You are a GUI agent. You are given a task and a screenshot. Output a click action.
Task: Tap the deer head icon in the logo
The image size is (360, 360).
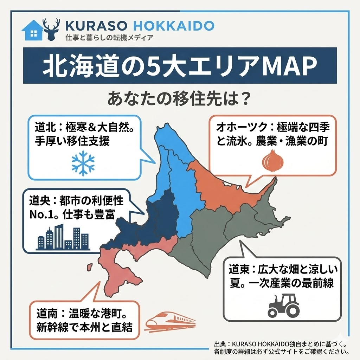coord(51,28)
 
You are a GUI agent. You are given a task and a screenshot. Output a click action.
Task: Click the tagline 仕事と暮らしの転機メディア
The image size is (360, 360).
coord(109,38)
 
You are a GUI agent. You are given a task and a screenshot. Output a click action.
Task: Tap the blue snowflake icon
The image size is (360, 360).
coord(83,163)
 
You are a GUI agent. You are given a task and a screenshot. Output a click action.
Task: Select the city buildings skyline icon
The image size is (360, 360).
coord(63,238)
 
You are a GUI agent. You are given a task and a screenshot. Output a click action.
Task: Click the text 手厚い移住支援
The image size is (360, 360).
coord(72,141)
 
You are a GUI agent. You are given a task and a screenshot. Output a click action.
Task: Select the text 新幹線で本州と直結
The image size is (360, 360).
coord(84,328)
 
